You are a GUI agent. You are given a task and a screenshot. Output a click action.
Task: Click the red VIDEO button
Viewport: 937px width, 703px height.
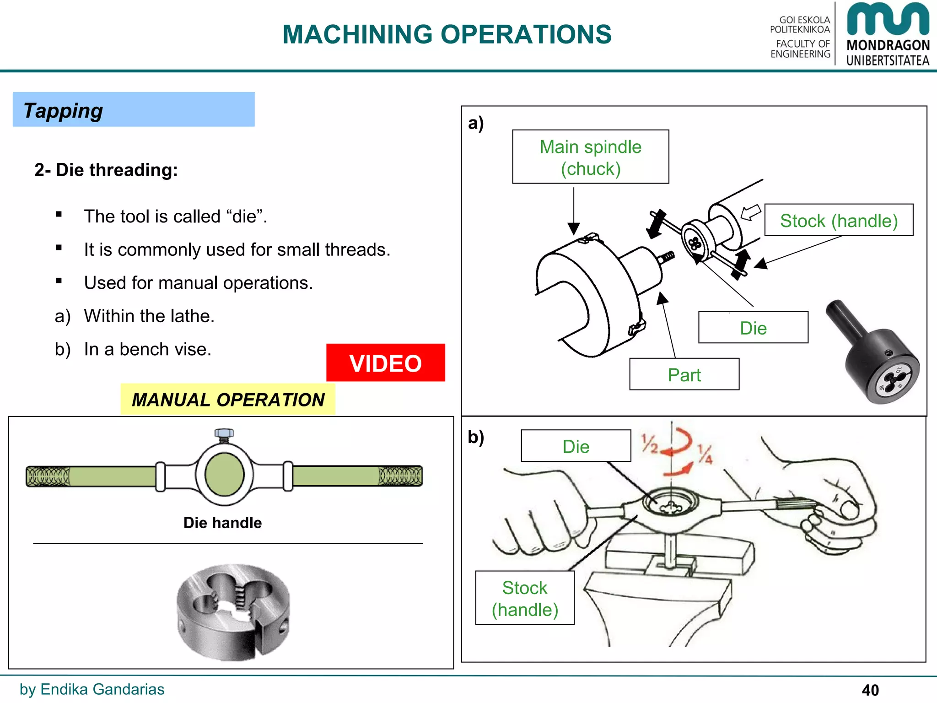click(385, 363)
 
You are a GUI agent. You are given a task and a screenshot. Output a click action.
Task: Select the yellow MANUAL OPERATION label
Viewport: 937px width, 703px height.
click(228, 400)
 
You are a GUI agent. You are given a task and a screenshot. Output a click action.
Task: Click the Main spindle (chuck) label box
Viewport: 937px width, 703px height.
click(590, 157)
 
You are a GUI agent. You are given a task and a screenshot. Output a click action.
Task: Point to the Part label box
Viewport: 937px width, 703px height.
click(684, 374)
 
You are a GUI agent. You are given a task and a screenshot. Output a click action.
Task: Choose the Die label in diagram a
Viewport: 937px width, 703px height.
click(753, 328)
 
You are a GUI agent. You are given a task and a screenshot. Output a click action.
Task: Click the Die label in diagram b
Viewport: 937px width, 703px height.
click(576, 446)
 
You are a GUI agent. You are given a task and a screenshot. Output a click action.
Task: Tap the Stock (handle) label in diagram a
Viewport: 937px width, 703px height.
click(839, 221)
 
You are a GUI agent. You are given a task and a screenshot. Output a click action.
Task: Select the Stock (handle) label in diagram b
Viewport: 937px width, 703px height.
click(525, 598)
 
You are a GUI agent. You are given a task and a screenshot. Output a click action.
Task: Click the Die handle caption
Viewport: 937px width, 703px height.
click(222, 523)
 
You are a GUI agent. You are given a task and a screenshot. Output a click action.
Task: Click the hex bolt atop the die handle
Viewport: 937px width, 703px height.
click(224, 433)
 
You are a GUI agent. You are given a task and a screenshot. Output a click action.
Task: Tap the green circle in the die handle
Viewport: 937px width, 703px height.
click(224, 475)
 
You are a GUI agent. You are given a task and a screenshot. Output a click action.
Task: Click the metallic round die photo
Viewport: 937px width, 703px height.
click(233, 612)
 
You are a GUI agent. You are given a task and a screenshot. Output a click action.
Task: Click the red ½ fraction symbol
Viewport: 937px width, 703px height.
click(649, 444)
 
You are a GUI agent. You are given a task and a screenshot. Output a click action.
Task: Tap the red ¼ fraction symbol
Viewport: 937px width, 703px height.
click(705, 454)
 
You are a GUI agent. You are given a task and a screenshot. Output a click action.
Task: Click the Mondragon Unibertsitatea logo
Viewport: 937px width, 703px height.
click(888, 34)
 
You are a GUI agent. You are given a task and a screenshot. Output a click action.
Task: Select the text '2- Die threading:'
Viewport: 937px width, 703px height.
click(106, 170)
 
